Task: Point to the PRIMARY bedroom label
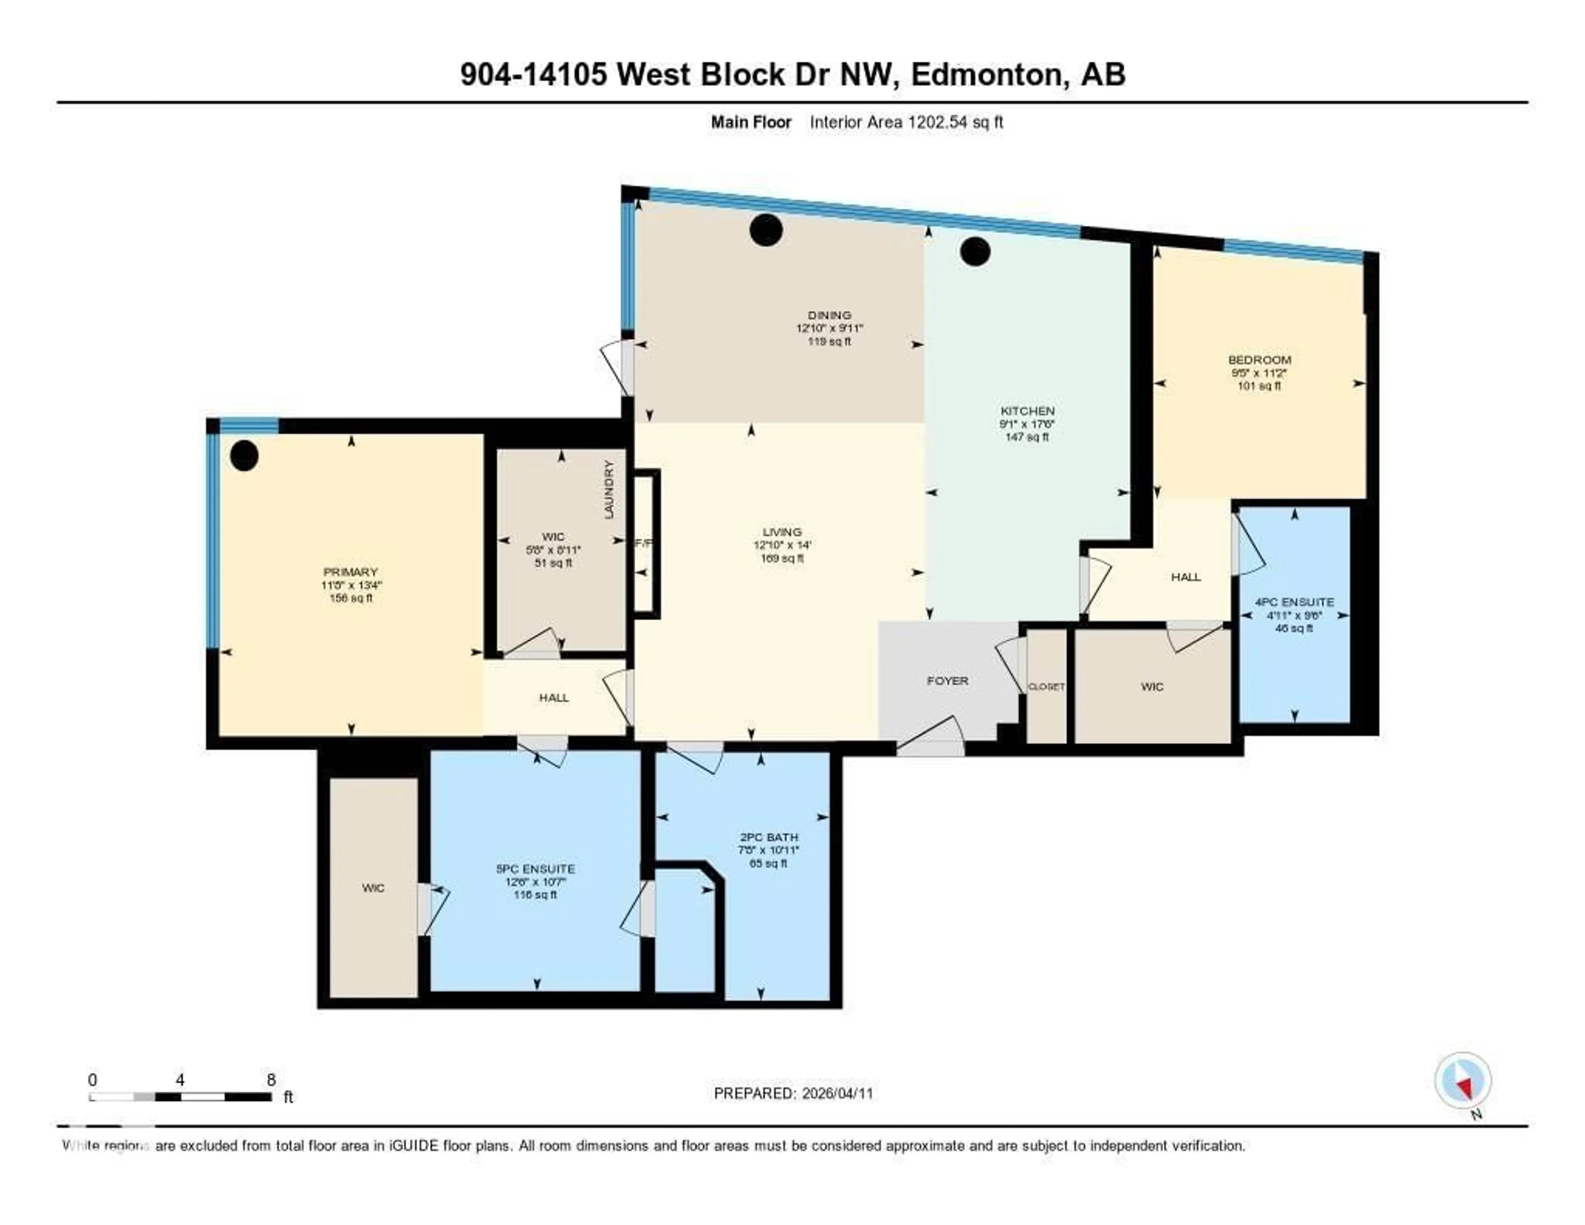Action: (x=350, y=572)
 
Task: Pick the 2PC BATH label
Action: (x=768, y=837)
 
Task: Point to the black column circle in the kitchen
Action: (x=975, y=251)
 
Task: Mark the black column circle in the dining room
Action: (x=766, y=230)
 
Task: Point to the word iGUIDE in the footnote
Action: (x=414, y=1146)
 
